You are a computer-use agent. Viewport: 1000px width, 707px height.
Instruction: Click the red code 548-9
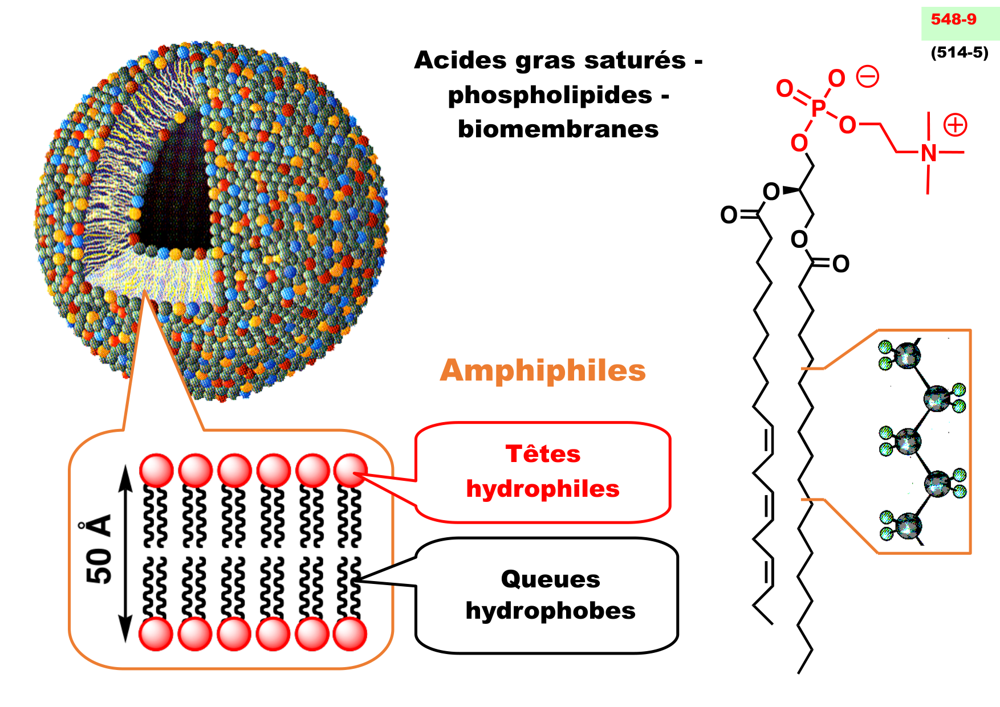(953, 19)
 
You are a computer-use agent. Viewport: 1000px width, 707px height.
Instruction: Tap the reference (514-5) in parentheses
(960, 52)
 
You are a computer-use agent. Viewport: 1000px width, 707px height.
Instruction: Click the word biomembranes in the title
(558, 129)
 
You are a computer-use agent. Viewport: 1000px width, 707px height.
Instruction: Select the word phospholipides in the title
(550, 95)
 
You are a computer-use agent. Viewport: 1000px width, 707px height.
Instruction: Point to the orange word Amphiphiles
(543, 370)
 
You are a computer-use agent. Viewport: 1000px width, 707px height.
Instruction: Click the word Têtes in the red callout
(543, 454)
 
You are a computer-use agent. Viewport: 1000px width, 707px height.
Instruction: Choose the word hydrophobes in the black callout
(550, 611)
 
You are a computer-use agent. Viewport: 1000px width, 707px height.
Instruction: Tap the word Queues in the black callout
(550, 579)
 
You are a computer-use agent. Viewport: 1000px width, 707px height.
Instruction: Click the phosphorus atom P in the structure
(819, 108)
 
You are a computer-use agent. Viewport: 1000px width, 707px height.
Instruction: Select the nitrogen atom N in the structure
(929, 153)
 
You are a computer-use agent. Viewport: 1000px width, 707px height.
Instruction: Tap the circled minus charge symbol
(868, 77)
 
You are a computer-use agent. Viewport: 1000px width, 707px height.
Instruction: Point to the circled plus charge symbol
(955, 125)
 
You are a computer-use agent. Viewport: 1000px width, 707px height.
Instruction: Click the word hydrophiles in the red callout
(543, 489)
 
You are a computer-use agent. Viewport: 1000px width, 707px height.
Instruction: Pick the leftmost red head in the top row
(156, 471)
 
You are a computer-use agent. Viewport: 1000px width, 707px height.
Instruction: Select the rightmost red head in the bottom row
(350, 634)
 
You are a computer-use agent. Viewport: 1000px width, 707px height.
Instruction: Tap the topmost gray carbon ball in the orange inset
(906, 356)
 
